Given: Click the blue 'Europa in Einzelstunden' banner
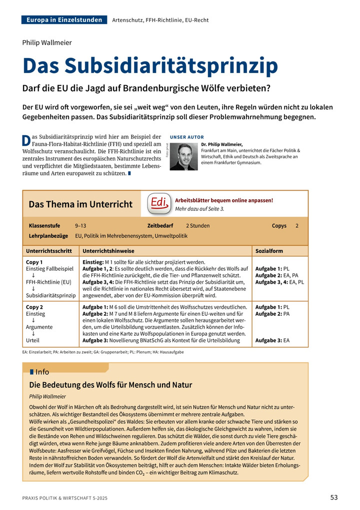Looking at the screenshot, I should click(64, 20).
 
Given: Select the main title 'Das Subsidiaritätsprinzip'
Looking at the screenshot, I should click(150, 66).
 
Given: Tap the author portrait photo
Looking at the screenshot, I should click(184, 157).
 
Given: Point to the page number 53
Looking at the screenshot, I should click(334, 497).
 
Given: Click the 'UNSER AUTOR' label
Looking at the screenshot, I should click(187, 137).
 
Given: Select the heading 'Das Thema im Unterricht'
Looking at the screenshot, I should click(80, 204).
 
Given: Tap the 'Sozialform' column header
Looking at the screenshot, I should click(269, 251).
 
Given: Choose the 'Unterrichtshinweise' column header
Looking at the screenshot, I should click(108, 251).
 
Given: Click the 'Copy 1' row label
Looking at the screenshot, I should click(34, 262).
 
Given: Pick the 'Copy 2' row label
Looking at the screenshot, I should click(34, 307).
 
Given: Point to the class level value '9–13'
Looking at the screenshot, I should click(80, 226).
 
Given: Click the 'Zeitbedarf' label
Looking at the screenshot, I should click(160, 226).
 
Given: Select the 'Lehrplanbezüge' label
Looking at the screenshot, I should click(48, 236).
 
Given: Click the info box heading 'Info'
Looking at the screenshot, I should click(42, 372).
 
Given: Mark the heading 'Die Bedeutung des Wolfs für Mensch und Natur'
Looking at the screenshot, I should click(110, 385).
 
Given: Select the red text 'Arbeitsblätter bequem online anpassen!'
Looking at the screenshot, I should click(224, 200).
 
